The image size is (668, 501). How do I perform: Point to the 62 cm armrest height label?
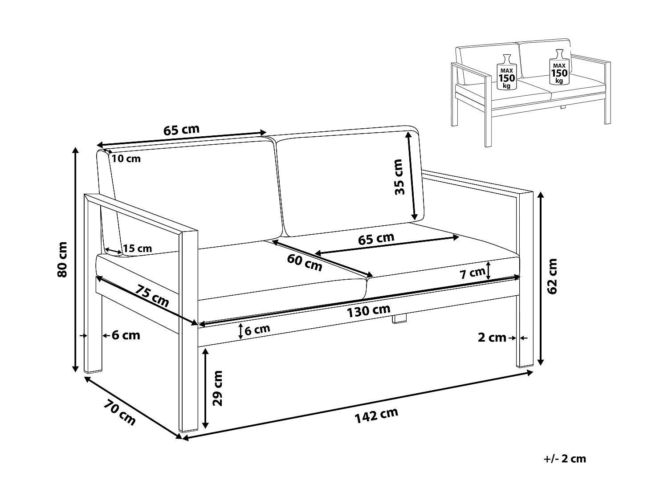tap(553, 276)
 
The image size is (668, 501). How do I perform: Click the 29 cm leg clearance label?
tap(218, 388)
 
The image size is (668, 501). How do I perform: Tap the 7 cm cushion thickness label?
tap(472, 273)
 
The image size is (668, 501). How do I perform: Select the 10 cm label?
tap(126, 159)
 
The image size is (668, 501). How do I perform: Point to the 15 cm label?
tap(137, 248)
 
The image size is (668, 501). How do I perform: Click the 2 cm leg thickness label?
tap(492, 338)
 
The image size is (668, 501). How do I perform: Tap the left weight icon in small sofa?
tap(506, 72)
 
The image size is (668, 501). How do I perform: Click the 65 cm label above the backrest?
tap(181, 130)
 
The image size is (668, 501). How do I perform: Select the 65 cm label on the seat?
tap(376, 239)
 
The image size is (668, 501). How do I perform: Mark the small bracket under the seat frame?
tap(400, 319)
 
